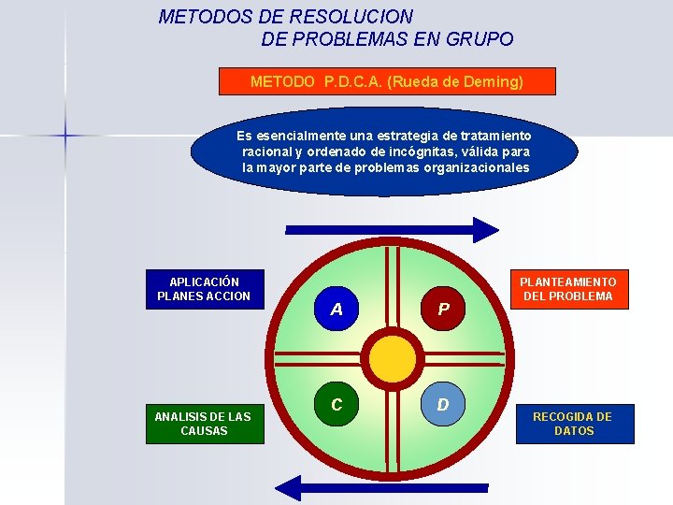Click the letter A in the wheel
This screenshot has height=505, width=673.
336,310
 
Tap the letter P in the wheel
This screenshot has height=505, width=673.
444,310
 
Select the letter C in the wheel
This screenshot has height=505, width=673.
336,405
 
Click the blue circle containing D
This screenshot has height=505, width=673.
443,404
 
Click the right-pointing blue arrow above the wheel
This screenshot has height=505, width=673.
393,229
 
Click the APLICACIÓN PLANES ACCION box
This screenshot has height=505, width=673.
205,289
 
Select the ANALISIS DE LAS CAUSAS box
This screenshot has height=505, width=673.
205,424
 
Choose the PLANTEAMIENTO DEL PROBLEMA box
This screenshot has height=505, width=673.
568,289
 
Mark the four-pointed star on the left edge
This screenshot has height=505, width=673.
65,136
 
